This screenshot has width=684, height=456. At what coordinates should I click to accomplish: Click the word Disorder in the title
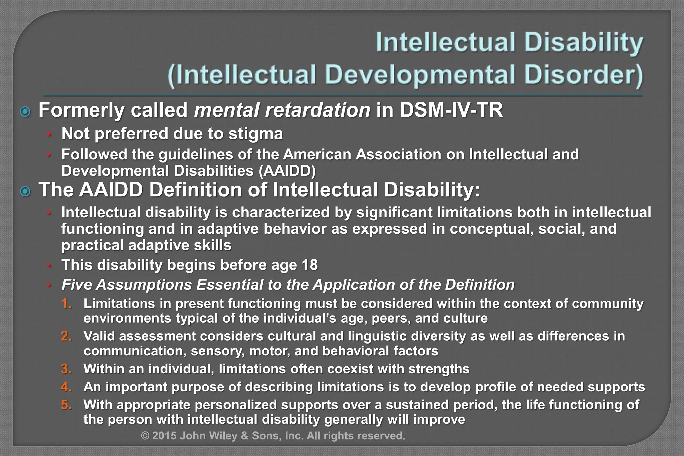tap(583, 75)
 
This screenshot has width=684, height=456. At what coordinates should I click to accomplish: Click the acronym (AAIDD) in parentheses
tap(287, 171)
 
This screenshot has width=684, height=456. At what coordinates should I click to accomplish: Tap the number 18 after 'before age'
tap(309, 265)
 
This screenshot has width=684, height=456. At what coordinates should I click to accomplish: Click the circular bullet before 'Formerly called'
tap(25, 112)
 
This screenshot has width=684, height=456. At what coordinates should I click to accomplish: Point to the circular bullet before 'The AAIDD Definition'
tap(25, 191)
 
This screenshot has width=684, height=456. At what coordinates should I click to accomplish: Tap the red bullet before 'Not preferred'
tap(49, 135)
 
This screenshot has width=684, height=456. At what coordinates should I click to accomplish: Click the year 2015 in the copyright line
tap(164, 436)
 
